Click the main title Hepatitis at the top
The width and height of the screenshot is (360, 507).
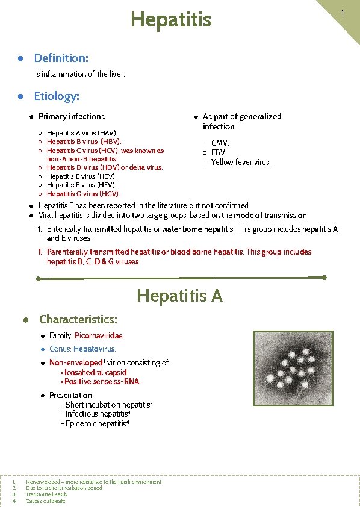172,20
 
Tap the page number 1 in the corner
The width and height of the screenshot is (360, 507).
342,13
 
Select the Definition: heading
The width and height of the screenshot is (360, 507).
61,58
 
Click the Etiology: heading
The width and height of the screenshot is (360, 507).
57,96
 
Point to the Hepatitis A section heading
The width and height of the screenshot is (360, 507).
179,296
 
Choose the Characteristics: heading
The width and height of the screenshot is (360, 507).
78,319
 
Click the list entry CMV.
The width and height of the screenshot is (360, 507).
220,143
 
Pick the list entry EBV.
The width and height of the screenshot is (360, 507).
219,152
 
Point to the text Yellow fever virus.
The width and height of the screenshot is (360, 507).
241,162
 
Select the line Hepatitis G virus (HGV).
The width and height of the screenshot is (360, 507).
83,194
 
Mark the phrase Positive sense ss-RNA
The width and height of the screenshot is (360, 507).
102,381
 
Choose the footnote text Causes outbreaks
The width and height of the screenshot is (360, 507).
46,501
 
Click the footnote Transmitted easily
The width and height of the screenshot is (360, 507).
46,494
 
